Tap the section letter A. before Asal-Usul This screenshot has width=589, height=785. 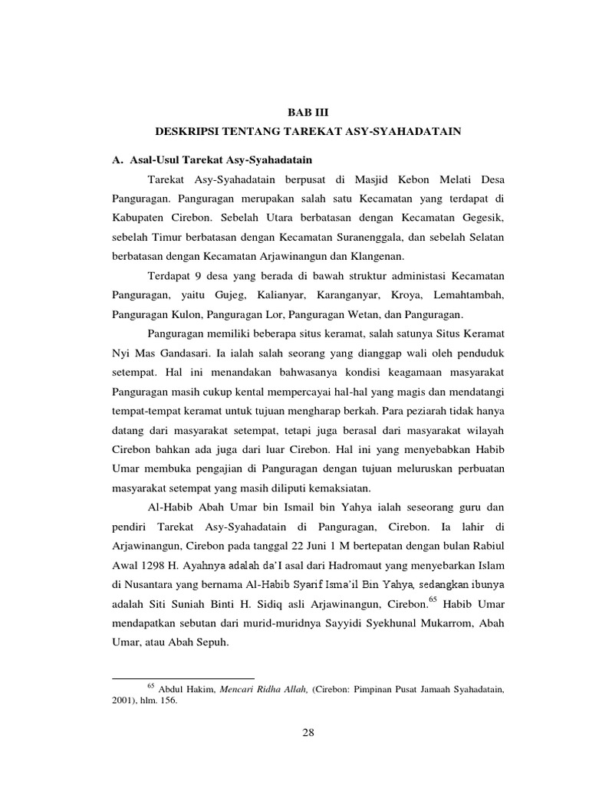[118, 161]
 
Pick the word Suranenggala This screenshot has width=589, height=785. [367, 238]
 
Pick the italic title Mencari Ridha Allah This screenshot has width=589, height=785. [254, 690]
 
